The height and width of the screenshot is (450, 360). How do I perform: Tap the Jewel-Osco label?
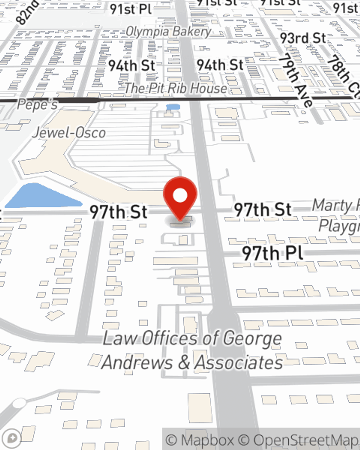(69, 133)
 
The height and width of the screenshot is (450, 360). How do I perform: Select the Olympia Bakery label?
(168, 32)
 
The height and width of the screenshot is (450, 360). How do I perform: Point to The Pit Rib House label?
(176, 88)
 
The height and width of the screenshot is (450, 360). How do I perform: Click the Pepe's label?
(37, 105)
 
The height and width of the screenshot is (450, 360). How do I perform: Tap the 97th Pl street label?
(273, 253)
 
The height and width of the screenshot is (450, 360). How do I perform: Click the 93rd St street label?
(303, 38)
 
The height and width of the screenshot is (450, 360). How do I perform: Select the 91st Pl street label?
(131, 9)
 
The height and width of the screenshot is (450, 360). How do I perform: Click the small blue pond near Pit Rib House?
(173, 107)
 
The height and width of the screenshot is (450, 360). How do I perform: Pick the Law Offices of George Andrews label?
(192, 350)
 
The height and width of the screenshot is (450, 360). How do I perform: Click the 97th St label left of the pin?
(118, 212)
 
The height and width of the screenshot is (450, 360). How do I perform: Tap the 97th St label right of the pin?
(262, 210)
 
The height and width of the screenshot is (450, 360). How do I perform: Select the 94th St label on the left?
(131, 66)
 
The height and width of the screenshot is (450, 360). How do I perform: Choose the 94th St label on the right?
(220, 65)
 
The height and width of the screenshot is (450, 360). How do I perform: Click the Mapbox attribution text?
(199, 440)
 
